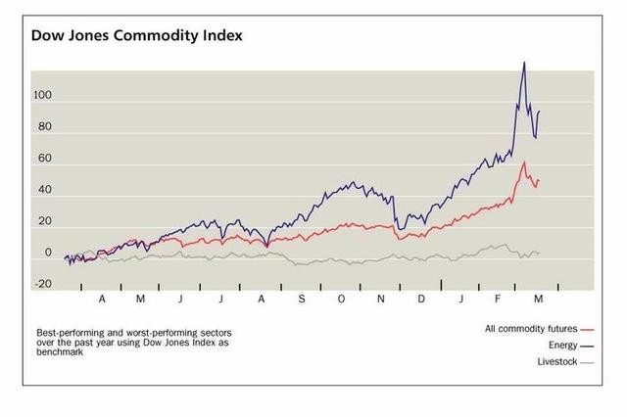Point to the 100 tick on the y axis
tap(42, 96)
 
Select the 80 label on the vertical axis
tap(44, 127)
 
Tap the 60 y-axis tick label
tap(44, 159)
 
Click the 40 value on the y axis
tap(44, 191)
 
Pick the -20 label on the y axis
tap(42, 284)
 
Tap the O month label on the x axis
tap(341, 298)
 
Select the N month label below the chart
tap(381, 298)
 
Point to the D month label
tap(421, 298)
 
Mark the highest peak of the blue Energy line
tap(524, 63)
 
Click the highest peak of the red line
tap(524, 162)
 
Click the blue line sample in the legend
tap(587, 346)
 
